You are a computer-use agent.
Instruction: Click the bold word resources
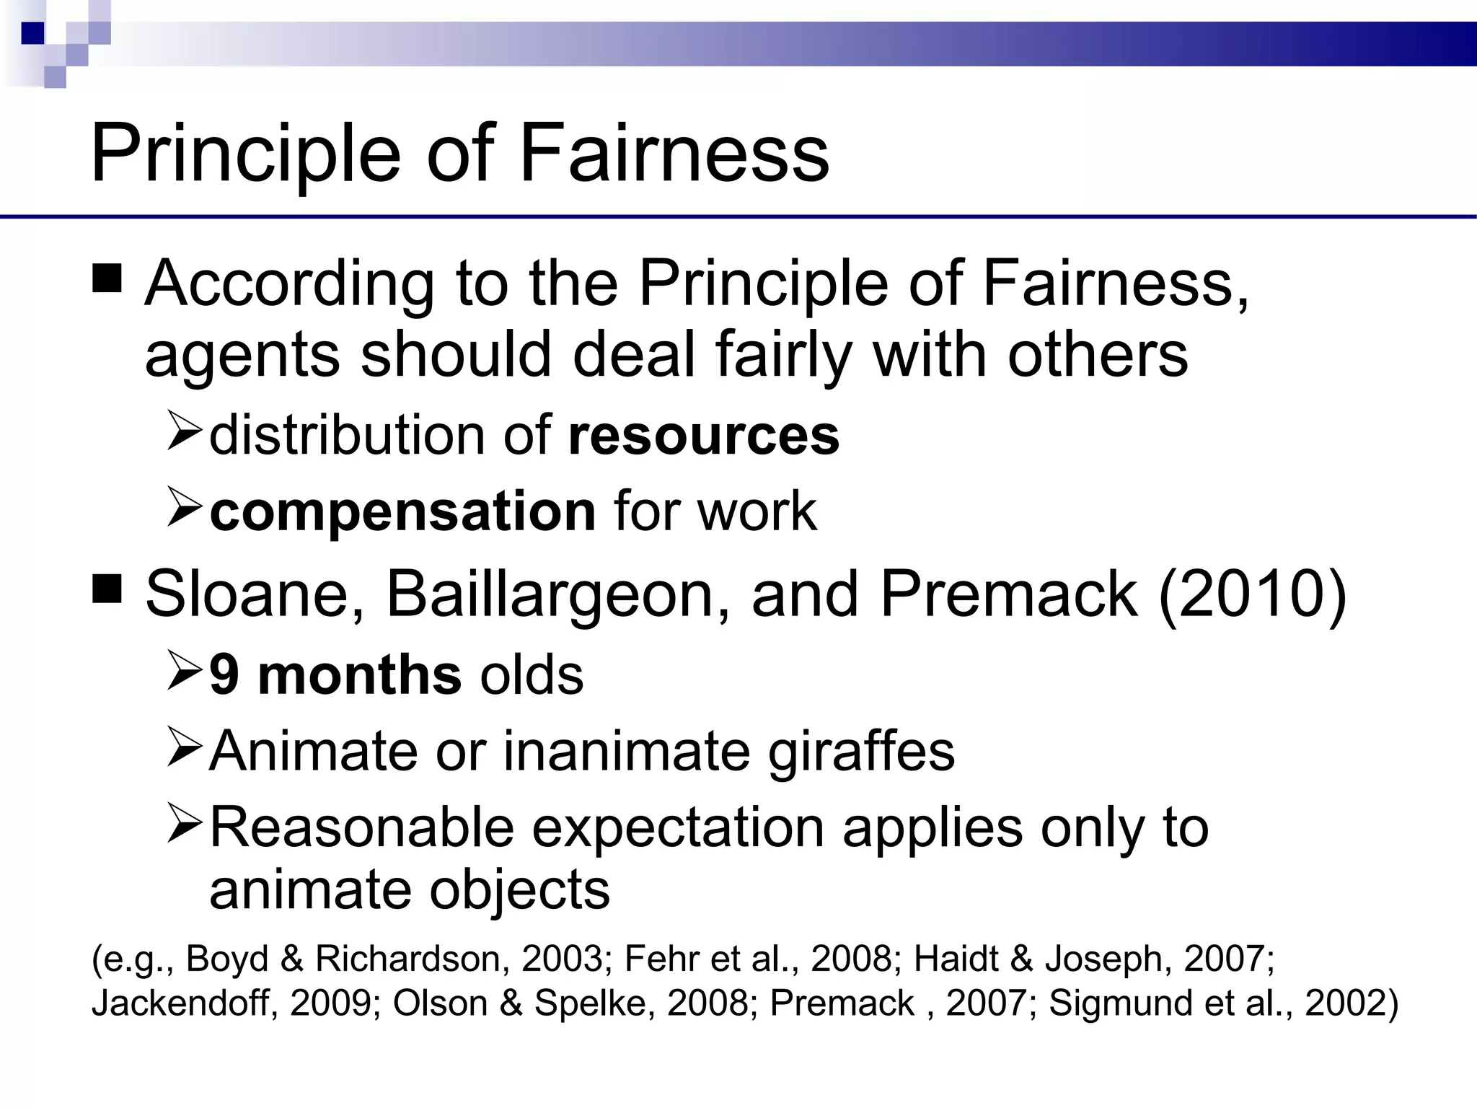(x=704, y=436)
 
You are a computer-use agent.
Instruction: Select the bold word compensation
(x=402, y=511)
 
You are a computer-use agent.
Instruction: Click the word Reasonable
(x=361, y=827)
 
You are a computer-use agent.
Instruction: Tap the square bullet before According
(x=107, y=278)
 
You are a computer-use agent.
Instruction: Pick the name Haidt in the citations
(x=956, y=959)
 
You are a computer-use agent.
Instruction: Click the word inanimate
(x=626, y=751)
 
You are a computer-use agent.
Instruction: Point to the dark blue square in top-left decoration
(x=33, y=33)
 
